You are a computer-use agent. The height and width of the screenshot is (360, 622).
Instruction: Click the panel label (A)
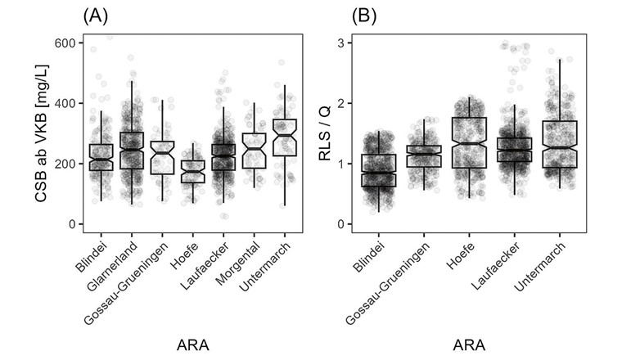click(95, 15)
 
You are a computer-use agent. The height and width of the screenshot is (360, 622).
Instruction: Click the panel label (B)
click(364, 15)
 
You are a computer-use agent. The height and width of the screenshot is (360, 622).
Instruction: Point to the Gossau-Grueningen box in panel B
click(425, 155)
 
